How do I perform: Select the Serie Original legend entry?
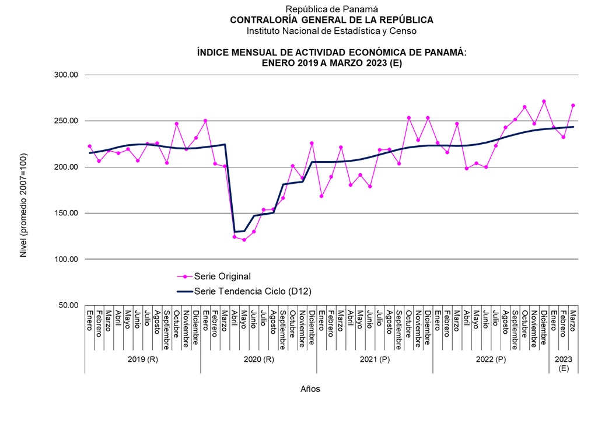point(214,276)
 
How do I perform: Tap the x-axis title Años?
point(310,389)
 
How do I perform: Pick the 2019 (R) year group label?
point(142,359)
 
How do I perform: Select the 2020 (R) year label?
point(258,359)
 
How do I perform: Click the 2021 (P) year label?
point(375,359)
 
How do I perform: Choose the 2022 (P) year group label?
point(491,359)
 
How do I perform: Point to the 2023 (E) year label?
point(564,363)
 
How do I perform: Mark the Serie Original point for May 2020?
point(244,240)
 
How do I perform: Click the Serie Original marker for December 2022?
point(544,102)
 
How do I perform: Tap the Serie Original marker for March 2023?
point(573,106)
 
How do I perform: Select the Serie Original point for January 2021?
point(321,196)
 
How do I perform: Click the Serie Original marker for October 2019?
point(177,124)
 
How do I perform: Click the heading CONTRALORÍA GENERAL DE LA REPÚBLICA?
point(331,20)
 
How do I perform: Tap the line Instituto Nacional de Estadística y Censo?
point(331,30)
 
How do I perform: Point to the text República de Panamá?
point(331,9)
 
